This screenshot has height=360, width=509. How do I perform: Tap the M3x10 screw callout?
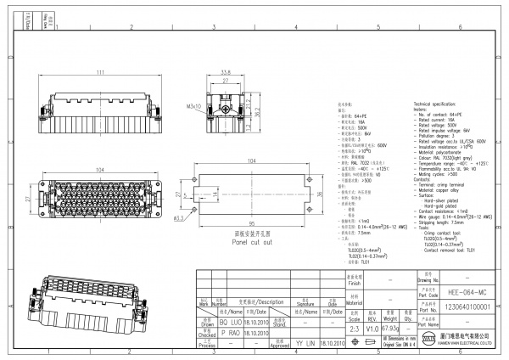(193, 107)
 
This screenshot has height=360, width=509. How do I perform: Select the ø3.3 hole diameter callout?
(179, 219)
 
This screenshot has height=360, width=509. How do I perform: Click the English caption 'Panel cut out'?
(254, 242)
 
